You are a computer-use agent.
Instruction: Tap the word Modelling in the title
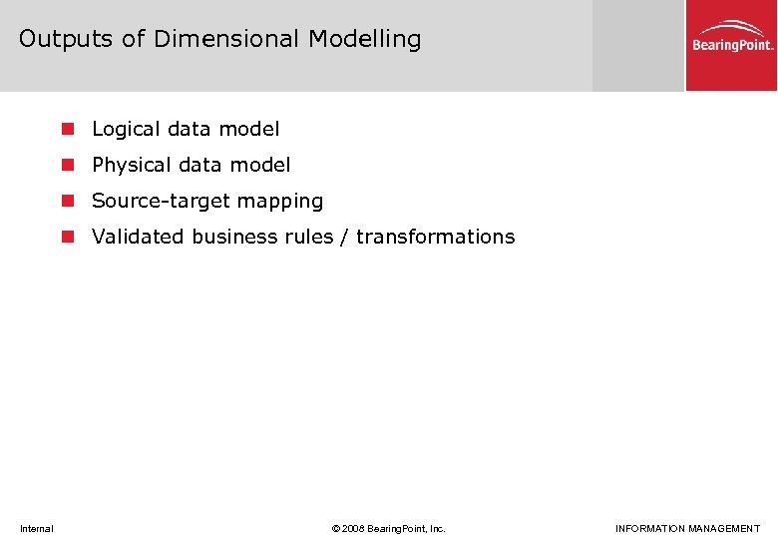pyautogui.click(x=364, y=39)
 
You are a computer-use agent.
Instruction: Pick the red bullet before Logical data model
pyautogui.click(x=68, y=129)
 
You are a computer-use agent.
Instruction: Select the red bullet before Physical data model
pyautogui.click(x=68, y=165)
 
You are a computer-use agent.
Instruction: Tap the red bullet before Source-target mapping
pyautogui.click(x=68, y=201)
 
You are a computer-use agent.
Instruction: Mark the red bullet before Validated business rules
pyautogui.click(x=68, y=237)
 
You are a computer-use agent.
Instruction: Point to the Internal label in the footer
pyautogui.click(x=37, y=528)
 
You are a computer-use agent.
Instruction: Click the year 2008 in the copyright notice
pyautogui.click(x=354, y=528)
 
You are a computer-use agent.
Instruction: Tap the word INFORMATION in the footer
pyautogui.click(x=648, y=528)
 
